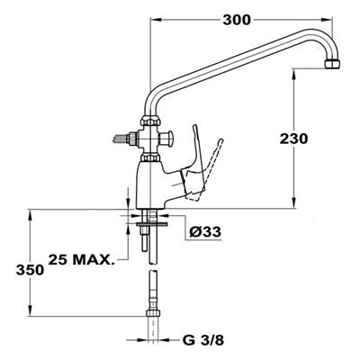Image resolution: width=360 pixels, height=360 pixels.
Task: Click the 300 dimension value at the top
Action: (x=237, y=20)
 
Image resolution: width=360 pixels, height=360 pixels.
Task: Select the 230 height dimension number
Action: (x=293, y=139)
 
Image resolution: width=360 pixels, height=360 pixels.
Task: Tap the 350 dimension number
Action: (x=30, y=270)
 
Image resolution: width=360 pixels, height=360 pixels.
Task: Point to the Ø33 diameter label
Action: (x=205, y=231)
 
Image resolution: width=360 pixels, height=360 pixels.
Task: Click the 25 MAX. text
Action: (x=82, y=260)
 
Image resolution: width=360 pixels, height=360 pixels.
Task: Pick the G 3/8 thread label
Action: (x=203, y=340)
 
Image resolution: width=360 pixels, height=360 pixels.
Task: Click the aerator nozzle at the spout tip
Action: (x=333, y=64)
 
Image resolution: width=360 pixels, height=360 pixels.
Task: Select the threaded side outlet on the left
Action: (x=124, y=139)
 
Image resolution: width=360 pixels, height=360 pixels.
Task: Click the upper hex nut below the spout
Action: (x=150, y=121)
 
